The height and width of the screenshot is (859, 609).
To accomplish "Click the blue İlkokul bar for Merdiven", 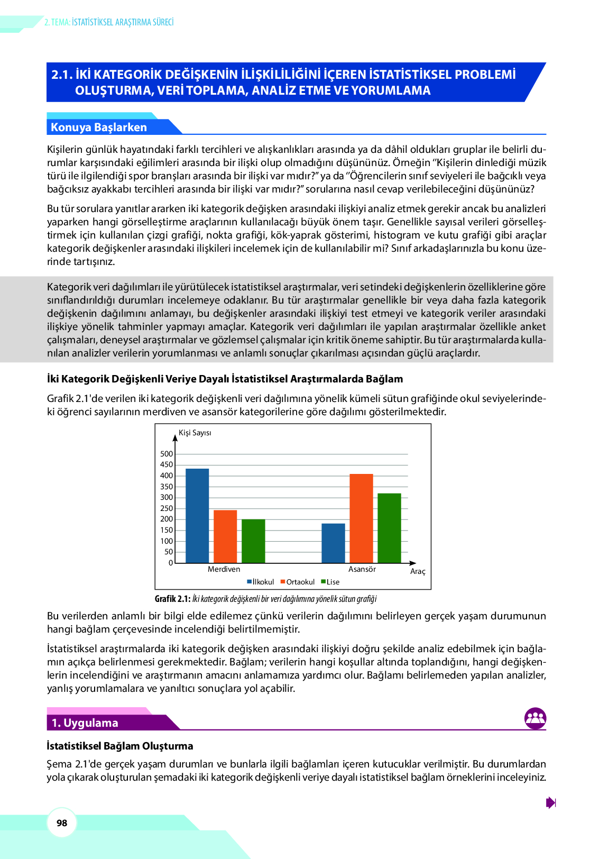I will (197, 516).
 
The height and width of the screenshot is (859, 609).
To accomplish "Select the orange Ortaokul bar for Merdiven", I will (225, 536).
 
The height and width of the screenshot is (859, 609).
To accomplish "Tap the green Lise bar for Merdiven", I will (253, 541).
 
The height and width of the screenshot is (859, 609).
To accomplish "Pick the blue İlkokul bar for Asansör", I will (333, 543).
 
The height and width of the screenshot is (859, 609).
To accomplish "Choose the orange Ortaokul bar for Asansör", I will (361, 518).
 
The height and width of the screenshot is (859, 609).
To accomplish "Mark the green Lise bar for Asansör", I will (389, 528).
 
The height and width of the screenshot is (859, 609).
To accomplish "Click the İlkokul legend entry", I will (261, 582).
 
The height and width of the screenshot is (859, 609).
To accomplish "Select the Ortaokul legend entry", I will (298, 582).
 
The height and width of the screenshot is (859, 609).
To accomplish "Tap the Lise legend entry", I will (330, 582).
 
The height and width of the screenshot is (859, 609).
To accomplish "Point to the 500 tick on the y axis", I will (167, 454).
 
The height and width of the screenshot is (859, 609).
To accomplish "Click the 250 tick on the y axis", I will (167, 508).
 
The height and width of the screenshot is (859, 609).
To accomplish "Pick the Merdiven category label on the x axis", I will (224, 569).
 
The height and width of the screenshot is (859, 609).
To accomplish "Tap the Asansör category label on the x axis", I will (362, 569).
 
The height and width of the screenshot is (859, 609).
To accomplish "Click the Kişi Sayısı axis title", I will (195, 433).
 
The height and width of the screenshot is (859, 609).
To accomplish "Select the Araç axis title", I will (418, 571).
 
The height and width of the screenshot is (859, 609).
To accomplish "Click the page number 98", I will (62, 823).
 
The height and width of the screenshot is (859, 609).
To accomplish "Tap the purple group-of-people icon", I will (535, 718).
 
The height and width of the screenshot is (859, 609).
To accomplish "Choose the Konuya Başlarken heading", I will (99, 127).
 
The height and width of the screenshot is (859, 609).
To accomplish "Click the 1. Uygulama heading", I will (85, 723).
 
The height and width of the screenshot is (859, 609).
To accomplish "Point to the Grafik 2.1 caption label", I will (172, 599).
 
